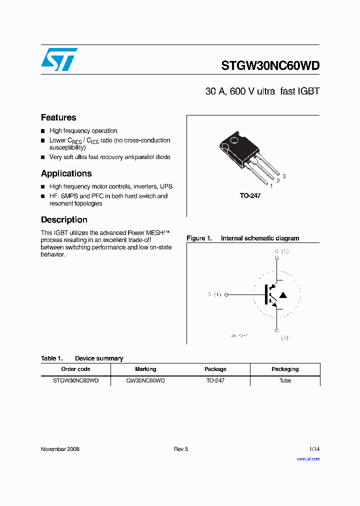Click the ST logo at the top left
59,59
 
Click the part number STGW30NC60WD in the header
270,65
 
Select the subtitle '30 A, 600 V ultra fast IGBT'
262,91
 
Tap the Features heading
58,117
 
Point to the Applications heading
66,173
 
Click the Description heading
64,219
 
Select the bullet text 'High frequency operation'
83,130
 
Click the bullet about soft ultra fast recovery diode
109,157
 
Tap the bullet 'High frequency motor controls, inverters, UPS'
110,186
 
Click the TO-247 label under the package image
250,196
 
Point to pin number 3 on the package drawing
284,176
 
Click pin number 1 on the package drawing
271,185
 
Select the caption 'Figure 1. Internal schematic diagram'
243,238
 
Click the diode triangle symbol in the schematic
282,295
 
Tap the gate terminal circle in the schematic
226,295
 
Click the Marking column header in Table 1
145,369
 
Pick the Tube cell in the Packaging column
285,380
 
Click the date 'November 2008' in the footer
60,449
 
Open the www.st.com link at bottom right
308,458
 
